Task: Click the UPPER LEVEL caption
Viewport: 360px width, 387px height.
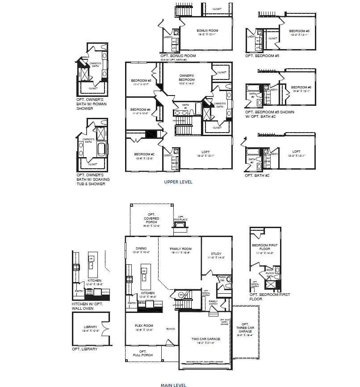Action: pyautogui.click(x=178, y=182)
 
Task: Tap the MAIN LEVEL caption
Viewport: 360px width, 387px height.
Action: pyautogui.click(x=173, y=384)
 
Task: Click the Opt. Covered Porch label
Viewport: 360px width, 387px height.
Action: pyautogui.click(x=151, y=219)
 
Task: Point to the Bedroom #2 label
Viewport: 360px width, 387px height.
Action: pyautogui.click(x=144, y=156)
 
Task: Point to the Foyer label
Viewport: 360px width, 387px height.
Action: pyautogui.click(x=171, y=329)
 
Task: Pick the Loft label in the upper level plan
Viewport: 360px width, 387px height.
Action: pyautogui.click(x=205, y=153)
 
